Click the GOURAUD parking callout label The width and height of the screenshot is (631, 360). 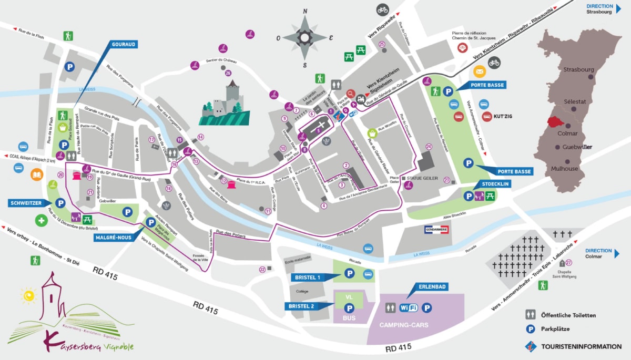(x=123, y=45)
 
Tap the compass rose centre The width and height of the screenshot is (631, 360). (x=305, y=37)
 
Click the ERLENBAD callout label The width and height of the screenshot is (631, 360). (x=433, y=287)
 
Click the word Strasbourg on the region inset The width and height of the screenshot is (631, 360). (x=578, y=69)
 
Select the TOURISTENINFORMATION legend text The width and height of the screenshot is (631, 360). (x=581, y=347)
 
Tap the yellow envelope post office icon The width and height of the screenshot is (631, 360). (x=479, y=72)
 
